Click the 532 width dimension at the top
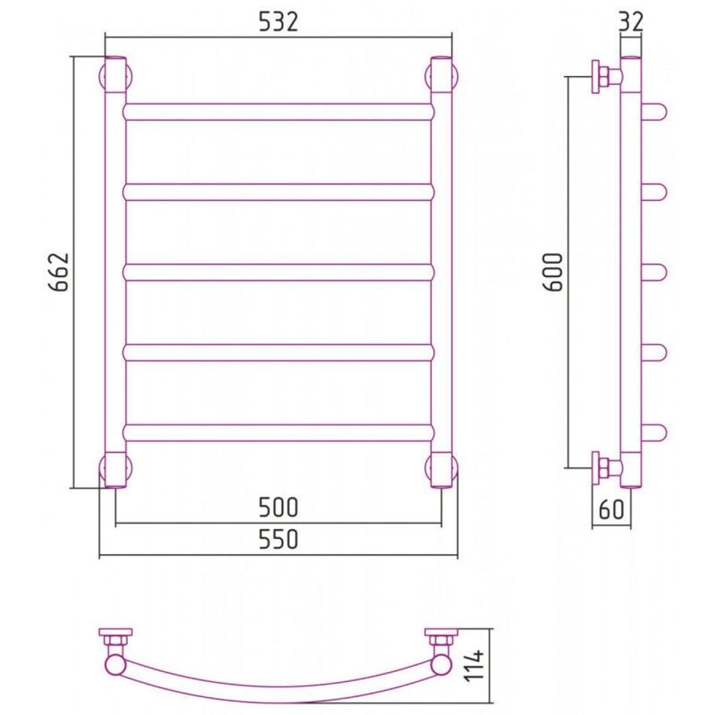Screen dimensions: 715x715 278,21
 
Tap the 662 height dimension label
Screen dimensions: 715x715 59,272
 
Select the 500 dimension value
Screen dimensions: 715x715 278,507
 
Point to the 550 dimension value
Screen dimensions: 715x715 278,539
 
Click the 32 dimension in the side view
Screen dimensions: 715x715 631,21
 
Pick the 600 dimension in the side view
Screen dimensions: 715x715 554,272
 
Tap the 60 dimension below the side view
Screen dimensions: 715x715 611,510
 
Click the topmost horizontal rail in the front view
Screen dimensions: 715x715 278,111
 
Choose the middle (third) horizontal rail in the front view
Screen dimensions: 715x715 278,272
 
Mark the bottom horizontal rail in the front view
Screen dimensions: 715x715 278,433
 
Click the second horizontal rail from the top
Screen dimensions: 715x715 278,192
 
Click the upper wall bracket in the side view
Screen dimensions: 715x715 606,77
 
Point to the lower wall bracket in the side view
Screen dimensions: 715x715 606,468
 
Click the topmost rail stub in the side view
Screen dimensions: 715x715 654,111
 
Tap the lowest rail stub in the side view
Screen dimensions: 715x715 654,433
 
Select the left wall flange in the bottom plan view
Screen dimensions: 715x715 115,631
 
